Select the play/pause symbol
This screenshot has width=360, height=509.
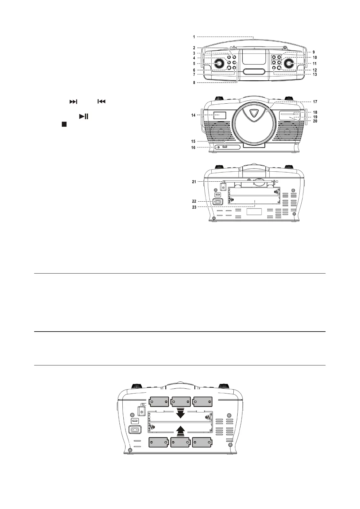[83, 116]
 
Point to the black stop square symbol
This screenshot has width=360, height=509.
[64, 124]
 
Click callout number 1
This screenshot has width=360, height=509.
[194, 37]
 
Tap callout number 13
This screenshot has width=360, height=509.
[315, 74]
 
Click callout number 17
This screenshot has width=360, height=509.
[315, 102]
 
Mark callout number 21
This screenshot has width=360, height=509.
[194, 182]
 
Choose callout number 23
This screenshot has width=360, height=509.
[194, 207]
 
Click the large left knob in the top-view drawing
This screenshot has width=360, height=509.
[218, 63]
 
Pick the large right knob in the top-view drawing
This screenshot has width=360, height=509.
[288, 63]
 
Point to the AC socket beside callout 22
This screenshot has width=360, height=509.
[218, 202]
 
